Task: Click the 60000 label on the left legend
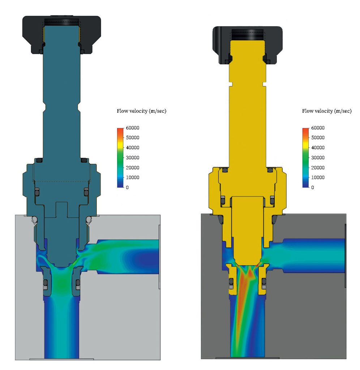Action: pos(132,128)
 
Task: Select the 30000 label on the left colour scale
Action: pos(132,158)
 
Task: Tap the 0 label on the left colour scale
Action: pos(127,188)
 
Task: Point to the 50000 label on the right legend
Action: pos(318,138)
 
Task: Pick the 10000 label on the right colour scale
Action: pos(318,177)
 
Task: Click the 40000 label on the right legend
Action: pos(318,147)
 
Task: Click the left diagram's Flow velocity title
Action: pos(141,111)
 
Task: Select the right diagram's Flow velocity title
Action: pos(327,111)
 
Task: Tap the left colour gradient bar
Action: pos(120,158)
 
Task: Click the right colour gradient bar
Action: pos(306,158)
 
